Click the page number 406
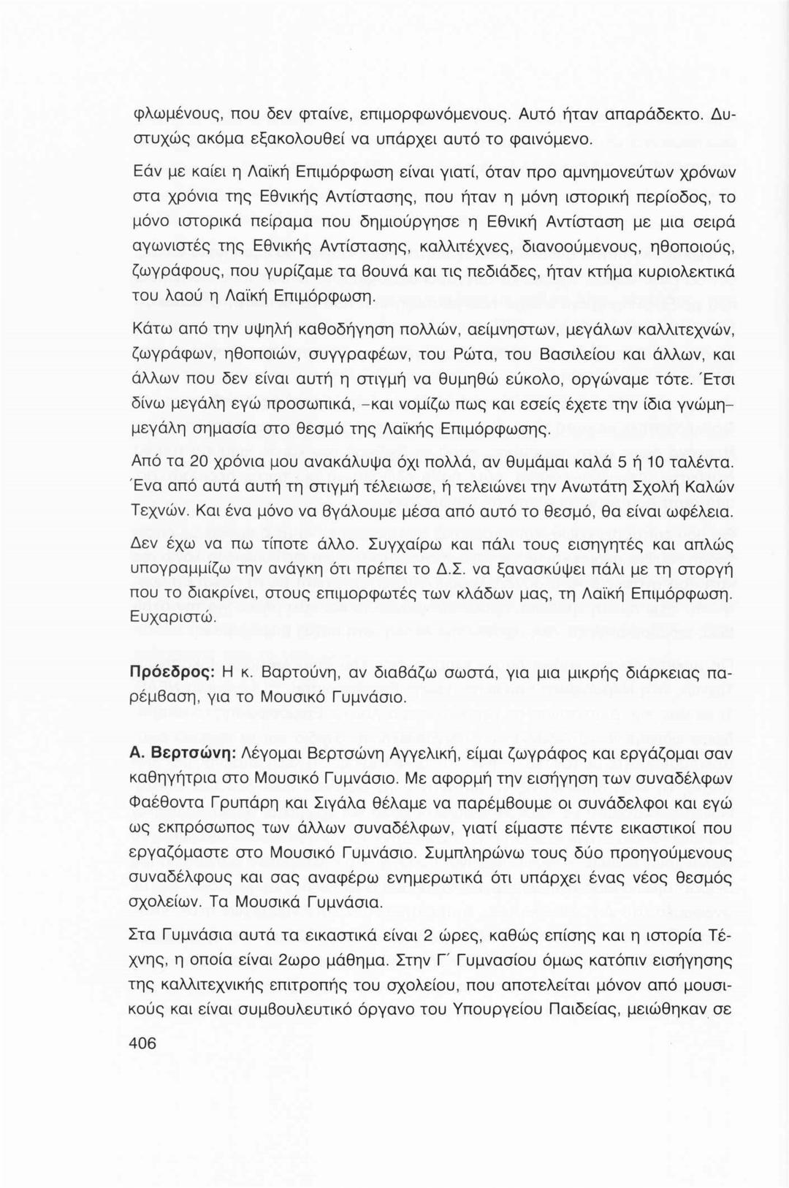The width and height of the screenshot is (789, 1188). [x=142, y=1043]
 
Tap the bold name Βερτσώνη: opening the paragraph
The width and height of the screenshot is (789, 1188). [x=186, y=752]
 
